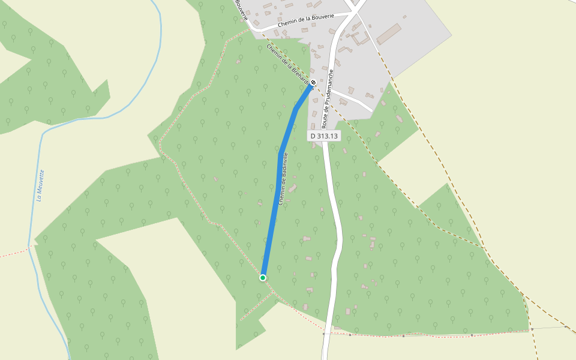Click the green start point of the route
[263, 277]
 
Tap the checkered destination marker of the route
[313, 83]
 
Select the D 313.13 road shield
[324, 136]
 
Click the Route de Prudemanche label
[328, 99]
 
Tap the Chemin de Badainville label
[282, 178]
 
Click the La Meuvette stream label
[40, 186]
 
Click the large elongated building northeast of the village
[388, 34]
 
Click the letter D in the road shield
[313, 136]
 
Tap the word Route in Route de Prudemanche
[325, 121]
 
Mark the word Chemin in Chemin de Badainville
[280, 196]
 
